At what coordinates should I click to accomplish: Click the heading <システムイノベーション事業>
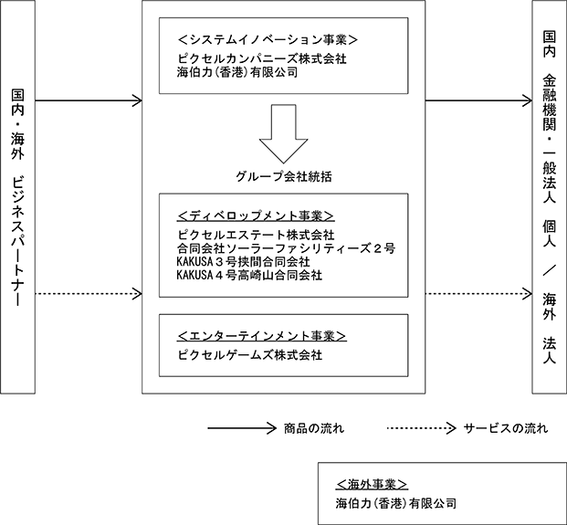tap(268, 39)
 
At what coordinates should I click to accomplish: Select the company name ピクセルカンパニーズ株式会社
tap(262, 58)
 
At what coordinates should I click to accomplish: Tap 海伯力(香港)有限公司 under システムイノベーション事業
tap(237, 72)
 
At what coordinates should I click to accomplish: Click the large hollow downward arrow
tap(283, 134)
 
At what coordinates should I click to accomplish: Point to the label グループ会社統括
tap(283, 176)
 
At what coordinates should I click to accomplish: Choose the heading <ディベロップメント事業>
tap(256, 215)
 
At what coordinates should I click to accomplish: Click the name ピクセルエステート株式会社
tap(256, 235)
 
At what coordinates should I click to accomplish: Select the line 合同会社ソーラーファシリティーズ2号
tap(286, 248)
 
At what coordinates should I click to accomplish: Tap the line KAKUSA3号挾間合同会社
tap(244, 262)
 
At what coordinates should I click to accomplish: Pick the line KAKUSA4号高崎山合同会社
tap(249, 275)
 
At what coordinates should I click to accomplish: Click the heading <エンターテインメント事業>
tap(262, 336)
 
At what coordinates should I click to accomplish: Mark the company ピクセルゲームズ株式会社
tap(249, 355)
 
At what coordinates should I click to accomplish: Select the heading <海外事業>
tap(372, 484)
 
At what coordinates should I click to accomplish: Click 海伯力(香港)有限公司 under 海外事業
tap(395, 503)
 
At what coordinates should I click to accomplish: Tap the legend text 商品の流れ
tap(314, 428)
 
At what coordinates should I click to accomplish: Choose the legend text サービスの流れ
tap(506, 428)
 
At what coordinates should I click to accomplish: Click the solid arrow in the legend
tap(242, 428)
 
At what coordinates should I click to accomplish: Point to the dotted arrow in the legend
tap(422, 428)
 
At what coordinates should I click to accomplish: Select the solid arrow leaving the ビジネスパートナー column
tap(89, 100)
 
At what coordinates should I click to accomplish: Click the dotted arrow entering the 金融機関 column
tap(478, 294)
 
